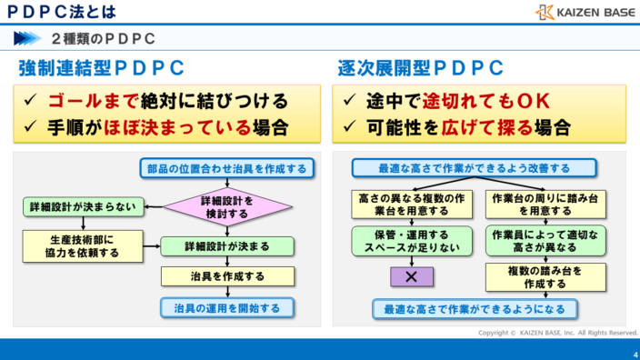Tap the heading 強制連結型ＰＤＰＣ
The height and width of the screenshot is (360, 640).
[101, 68]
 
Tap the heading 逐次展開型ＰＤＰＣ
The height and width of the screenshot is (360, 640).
[421, 68]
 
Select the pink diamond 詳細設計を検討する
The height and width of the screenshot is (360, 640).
[226, 206]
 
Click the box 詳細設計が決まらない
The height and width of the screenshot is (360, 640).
[81, 206]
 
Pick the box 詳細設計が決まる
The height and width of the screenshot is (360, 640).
[226, 246]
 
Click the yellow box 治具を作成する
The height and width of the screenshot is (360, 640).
[227, 276]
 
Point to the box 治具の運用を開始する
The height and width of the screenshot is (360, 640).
[227, 308]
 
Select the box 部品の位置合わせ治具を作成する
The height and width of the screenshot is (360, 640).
[227, 168]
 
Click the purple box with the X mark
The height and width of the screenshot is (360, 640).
[411, 276]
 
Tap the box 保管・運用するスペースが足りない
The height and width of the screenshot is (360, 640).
[411, 241]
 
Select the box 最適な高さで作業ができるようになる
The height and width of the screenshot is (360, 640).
[475, 309]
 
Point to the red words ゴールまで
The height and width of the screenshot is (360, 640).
[90, 100]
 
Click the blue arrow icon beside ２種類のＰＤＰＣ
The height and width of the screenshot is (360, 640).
[28, 38]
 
